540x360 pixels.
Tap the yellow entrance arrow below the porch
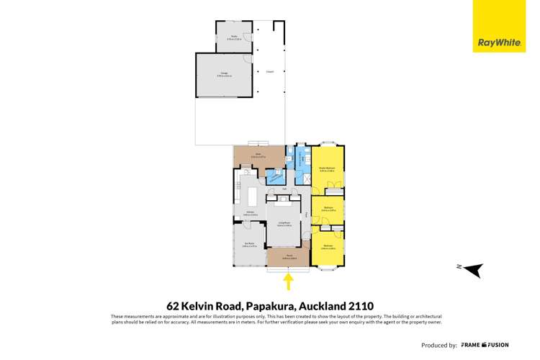pos(289,279)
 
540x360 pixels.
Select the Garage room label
pos(224,73)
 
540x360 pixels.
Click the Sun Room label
pos(248,244)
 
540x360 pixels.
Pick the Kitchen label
pos(251,212)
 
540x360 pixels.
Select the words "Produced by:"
pos(438,345)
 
